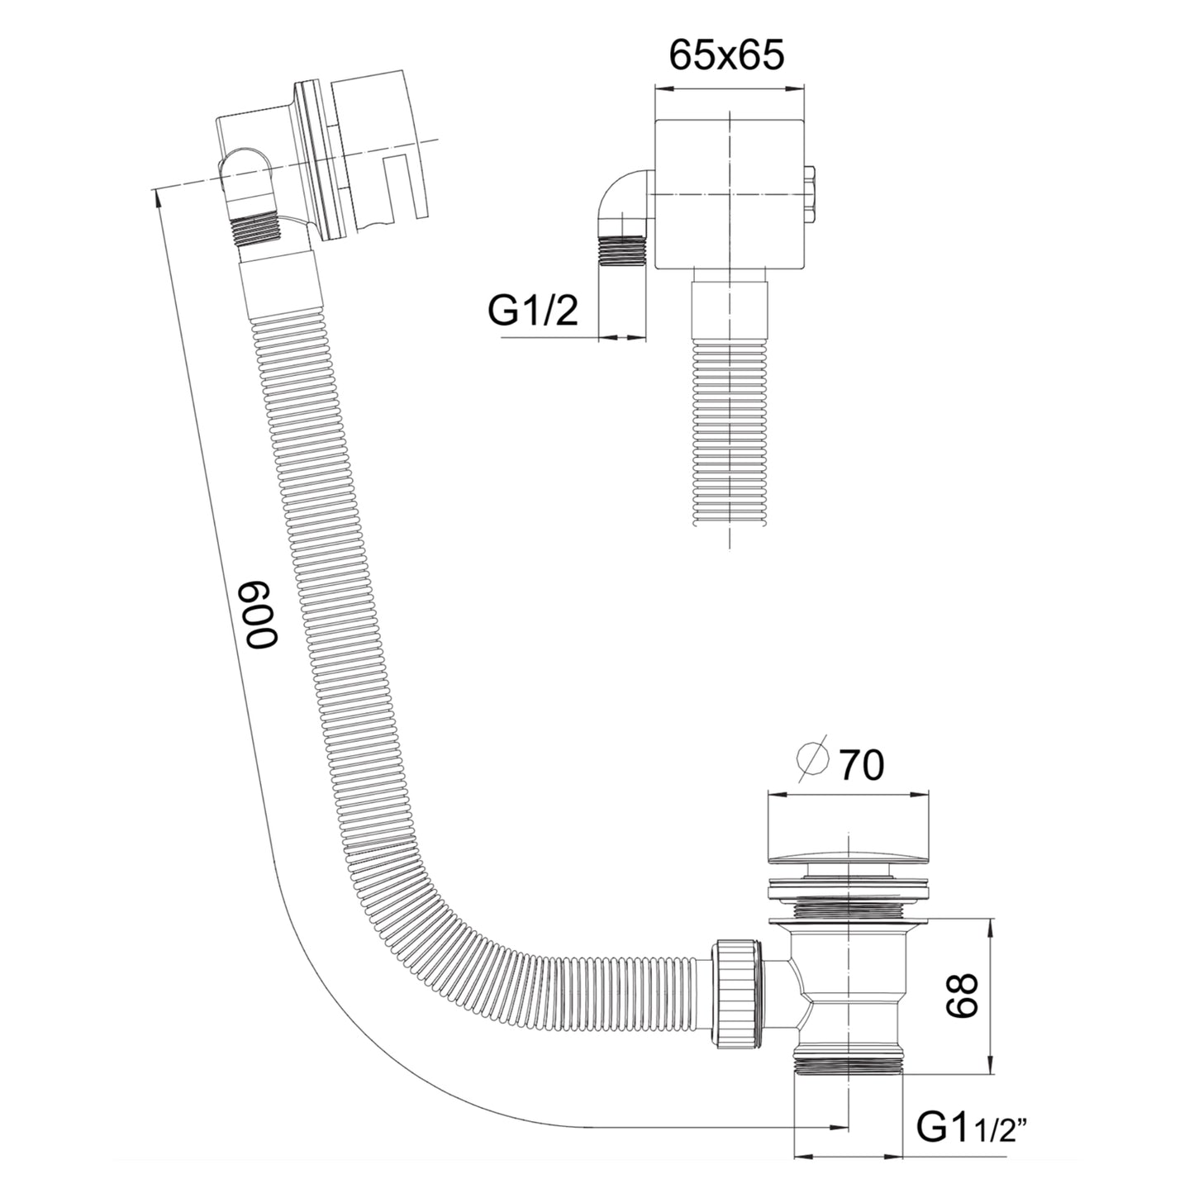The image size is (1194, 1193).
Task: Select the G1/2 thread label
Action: (x=532, y=311)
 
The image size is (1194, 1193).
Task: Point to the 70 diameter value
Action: (x=861, y=764)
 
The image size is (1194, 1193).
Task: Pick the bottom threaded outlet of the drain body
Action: (x=849, y=1062)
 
